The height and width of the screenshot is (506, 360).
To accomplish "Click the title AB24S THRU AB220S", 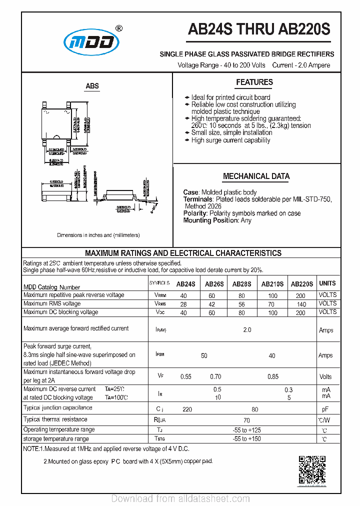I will coord(259,30).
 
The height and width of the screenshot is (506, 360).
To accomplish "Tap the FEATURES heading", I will coord(254,82).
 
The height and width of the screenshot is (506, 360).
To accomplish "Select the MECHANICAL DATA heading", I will coord(256,176).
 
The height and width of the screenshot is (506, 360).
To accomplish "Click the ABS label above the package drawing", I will coord(92,86).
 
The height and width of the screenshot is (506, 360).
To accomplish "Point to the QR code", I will coord(312,470).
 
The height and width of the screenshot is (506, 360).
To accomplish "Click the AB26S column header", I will coord(214,284).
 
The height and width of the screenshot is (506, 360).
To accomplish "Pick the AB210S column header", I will coord(272,284).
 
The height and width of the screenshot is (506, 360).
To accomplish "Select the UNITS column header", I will coord(327,283).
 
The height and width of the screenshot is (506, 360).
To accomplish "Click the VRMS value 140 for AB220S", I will coord(301,304).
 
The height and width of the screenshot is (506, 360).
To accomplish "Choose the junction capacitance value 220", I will coord(187,409).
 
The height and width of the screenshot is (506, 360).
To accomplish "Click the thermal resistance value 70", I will coord(246,420).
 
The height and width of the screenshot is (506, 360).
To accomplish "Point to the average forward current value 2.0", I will coord(246,330).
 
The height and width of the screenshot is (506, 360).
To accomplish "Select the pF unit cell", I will coord(324,409).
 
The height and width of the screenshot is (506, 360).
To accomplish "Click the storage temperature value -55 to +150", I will coord(246,439).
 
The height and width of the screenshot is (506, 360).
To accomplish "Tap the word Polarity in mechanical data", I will coord(194,213).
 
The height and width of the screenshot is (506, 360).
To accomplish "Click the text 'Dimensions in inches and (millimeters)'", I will coord(98,235).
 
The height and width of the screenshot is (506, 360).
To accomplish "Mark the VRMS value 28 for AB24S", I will coord(183,304).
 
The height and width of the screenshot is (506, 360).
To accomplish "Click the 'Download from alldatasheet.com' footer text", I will coord(180,498).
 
